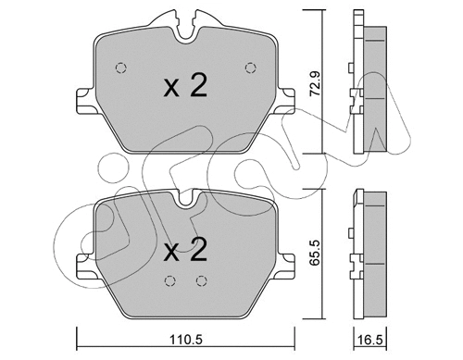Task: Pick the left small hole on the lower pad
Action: click(x=168, y=282)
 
